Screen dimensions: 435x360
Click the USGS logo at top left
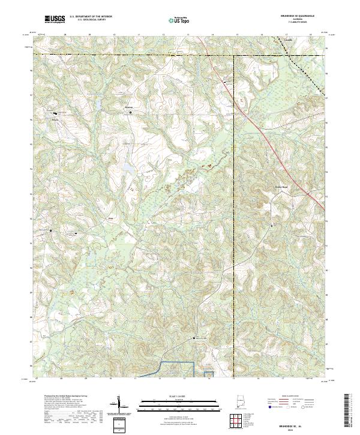tap(55, 19)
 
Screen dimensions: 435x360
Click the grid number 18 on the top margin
tap(310, 35)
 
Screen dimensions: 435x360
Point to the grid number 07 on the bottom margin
tap(37, 379)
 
